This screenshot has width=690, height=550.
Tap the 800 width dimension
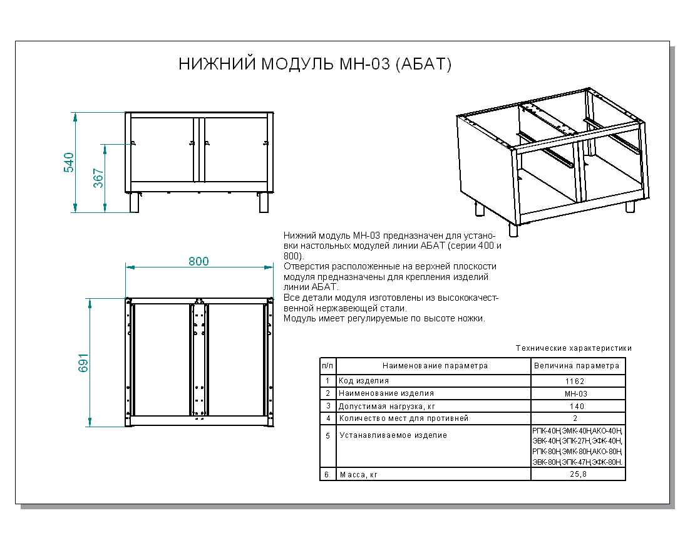pyautogui.click(x=198, y=261)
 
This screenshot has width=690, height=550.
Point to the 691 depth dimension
pyautogui.click(x=84, y=363)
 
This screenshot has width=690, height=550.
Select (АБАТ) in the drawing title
pyautogui.click(x=423, y=65)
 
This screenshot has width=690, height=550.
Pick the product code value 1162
pyautogui.click(x=575, y=381)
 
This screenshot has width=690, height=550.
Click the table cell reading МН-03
pyautogui.click(x=575, y=393)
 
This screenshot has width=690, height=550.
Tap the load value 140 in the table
pyautogui.click(x=575, y=406)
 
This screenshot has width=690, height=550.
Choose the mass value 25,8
pyautogui.click(x=575, y=475)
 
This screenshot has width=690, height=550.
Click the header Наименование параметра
pyautogui.click(x=435, y=366)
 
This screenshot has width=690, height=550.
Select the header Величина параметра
pyautogui.click(x=577, y=366)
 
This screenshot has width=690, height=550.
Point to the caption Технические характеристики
pyautogui.click(x=573, y=348)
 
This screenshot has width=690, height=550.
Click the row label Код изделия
pyautogui.click(x=364, y=381)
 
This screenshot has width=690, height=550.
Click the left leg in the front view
pyautogui.click(x=134, y=202)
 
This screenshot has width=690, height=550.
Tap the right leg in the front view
pyautogui.click(x=264, y=202)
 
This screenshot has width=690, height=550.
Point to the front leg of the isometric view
pyautogui.click(x=513, y=230)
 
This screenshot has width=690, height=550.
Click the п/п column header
pyautogui.click(x=327, y=366)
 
